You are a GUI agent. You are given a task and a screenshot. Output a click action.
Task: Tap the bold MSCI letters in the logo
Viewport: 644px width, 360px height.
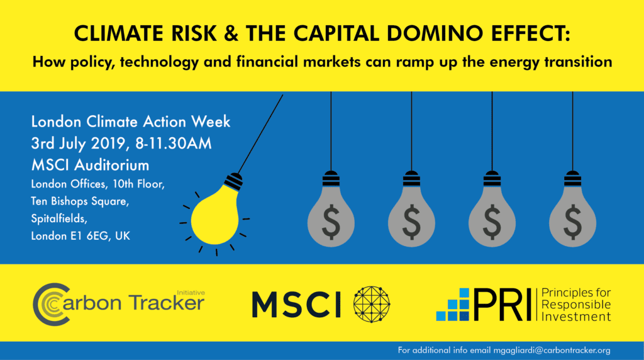point(296,304)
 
